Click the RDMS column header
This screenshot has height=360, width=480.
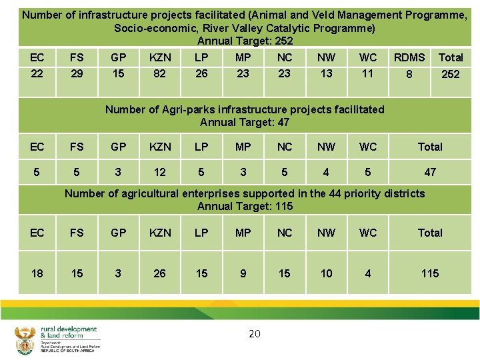tap(409, 57)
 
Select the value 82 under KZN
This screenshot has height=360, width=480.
tap(159, 73)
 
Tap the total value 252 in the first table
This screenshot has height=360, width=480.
tap(451, 74)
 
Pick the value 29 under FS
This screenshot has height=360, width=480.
tap(77, 73)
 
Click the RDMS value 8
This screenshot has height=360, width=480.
tap(409, 74)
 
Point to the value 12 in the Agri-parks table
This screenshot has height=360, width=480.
tap(160, 172)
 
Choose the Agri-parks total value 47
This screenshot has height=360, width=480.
tap(430, 172)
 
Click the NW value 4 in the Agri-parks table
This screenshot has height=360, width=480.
tap(326, 172)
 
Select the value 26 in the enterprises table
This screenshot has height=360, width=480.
tap(160, 273)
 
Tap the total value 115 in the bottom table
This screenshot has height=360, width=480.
tap(430, 273)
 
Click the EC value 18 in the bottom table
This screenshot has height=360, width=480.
tap(37, 273)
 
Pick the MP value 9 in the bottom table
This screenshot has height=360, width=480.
tap(243, 273)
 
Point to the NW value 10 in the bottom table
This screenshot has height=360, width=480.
tap(326, 273)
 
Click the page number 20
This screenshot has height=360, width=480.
tap(254, 333)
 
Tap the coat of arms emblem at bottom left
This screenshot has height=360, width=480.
tap(25, 340)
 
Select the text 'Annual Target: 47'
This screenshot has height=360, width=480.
tap(245, 122)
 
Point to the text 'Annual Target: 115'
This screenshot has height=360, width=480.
tap(245, 206)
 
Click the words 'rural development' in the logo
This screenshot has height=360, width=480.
tap(69, 329)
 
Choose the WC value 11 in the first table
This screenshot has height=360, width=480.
tap(367, 73)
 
